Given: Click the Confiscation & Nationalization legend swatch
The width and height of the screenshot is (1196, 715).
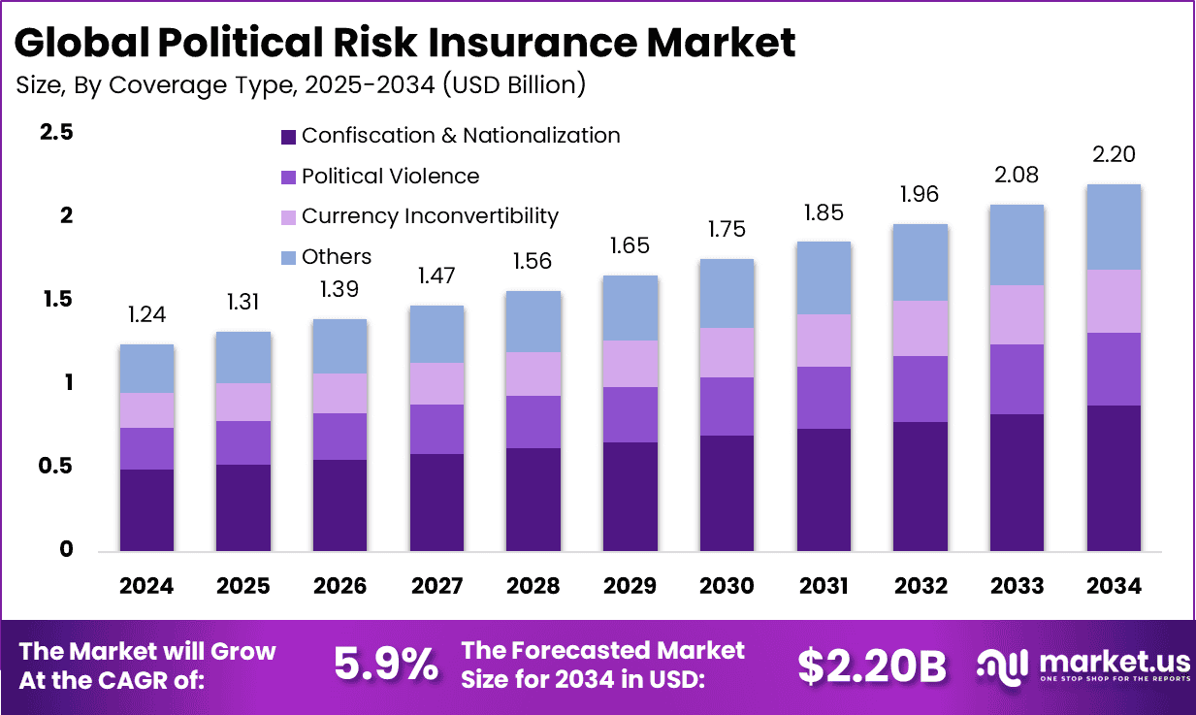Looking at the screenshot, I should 287,137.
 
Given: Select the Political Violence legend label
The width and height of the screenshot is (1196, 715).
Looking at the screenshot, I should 390,177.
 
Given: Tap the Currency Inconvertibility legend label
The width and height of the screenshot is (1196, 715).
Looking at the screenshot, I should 430,216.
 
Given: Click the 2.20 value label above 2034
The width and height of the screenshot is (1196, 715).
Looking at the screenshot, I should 1113,154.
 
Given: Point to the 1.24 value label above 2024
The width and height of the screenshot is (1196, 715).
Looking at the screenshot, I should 146,314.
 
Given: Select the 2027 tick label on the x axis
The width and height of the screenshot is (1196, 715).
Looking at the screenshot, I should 436,586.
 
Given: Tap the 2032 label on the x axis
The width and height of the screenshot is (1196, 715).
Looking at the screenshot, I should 920,586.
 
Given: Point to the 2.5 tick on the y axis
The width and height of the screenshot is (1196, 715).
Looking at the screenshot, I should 56,133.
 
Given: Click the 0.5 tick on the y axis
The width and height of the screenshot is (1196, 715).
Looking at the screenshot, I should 56,467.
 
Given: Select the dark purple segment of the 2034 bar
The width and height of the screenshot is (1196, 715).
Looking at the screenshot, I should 1113,477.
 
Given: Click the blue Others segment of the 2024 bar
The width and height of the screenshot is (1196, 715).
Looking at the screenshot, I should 146,369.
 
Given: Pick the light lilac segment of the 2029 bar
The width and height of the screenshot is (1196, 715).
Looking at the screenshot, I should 630,364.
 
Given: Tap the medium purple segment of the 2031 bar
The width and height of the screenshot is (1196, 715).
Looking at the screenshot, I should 824,398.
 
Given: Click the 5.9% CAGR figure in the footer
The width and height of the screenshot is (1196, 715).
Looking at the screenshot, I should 385,665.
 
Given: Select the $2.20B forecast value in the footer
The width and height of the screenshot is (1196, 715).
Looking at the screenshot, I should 871,665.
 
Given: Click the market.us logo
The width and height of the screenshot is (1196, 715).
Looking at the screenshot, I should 1083,665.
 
